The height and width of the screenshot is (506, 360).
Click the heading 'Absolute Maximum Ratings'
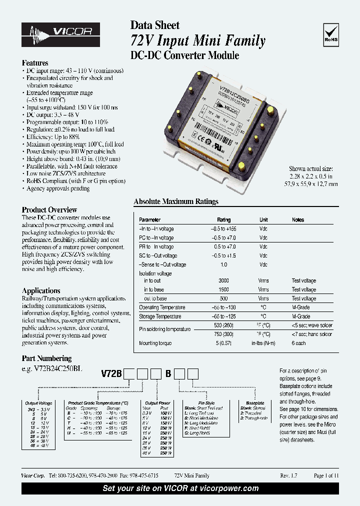[x=176, y=202]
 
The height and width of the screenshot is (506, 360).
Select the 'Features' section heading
[x=35, y=63]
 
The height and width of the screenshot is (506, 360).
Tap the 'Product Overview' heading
[x=49, y=210]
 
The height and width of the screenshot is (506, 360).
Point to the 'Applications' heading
[x=41, y=290]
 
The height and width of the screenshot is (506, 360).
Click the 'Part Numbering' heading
[x=46, y=358]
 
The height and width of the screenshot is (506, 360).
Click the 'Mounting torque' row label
[x=155, y=343]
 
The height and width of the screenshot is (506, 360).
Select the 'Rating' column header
[x=223, y=220]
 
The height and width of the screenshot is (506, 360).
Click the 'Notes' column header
[x=298, y=220]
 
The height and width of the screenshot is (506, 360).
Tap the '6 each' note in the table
[x=299, y=343]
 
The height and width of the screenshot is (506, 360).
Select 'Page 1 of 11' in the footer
[x=326, y=475]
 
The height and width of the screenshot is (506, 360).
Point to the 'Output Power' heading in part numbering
[x=158, y=402]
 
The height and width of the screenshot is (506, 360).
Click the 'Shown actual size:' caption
[x=310, y=169]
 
